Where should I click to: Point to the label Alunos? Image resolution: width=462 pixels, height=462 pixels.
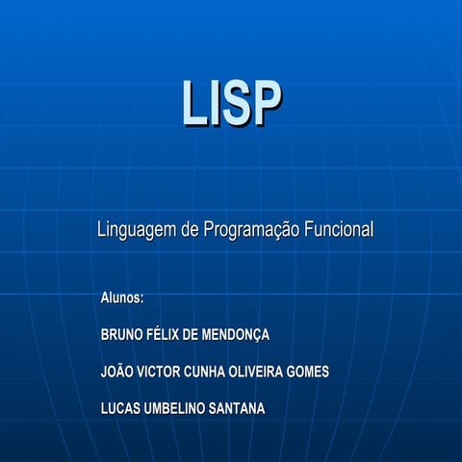coord(122,297)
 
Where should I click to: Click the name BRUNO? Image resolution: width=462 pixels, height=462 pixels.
coord(121,335)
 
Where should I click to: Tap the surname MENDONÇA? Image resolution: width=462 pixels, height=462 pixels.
coord(239,335)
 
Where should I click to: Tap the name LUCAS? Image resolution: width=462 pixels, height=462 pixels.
coord(120,409)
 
